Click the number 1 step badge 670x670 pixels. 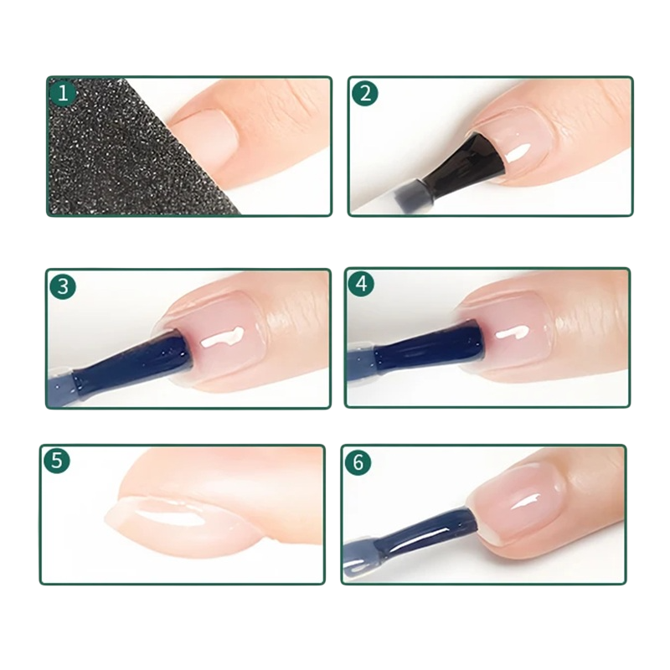(x=63, y=93)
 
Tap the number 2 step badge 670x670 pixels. (x=364, y=93)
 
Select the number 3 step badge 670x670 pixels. (x=62, y=286)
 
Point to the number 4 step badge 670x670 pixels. (x=362, y=283)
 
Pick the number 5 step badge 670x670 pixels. (x=56, y=460)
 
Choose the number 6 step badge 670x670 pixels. (x=358, y=461)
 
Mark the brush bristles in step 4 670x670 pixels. (x=430, y=347)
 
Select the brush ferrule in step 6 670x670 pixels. (x=360, y=559)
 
